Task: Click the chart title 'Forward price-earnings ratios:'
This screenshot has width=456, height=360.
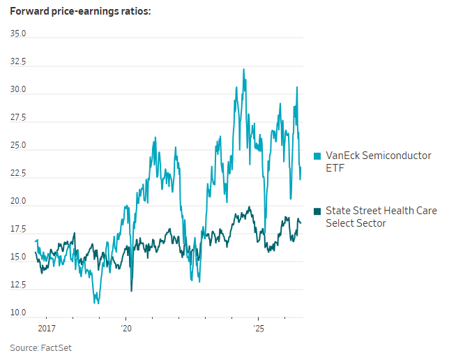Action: click(81, 11)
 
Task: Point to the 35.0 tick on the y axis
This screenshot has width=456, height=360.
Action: click(18, 33)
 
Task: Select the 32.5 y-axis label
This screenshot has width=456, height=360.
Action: click(18, 61)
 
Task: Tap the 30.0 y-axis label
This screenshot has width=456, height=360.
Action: click(18, 89)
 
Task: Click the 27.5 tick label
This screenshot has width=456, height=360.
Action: click(18, 117)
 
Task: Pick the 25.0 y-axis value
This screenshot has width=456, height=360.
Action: click(18, 145)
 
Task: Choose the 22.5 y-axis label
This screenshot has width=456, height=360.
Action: click(18, 173)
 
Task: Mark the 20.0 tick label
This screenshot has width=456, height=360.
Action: click(18, 201)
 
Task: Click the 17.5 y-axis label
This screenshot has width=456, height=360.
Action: click(18, 229)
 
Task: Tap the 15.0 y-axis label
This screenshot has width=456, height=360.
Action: click(18, 257)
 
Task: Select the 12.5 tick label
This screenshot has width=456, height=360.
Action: click(18, 285)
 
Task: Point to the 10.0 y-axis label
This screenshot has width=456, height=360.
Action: click(18, 313)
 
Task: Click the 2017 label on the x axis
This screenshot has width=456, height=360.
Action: click(47, 329)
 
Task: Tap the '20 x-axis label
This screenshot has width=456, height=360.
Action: click(126, 329)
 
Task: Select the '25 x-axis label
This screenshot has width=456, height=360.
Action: click(259, 329)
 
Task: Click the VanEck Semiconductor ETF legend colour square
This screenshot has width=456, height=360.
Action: click(317, 156)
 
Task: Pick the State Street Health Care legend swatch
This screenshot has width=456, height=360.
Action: click(317, 211)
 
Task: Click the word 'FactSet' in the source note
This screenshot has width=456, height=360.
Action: click(56, 348)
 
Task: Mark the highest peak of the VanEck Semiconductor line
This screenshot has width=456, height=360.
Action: click(244, 69)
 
